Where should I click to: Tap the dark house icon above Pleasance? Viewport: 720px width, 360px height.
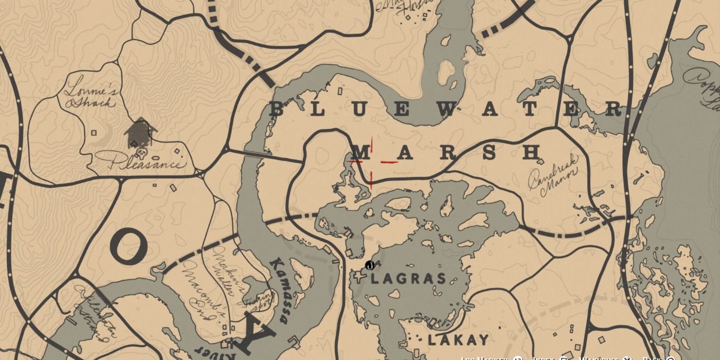[x=140, y=133]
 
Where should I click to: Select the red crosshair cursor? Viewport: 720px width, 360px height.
[x=371, y=161]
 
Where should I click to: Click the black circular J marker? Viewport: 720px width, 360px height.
[x=369, y=265]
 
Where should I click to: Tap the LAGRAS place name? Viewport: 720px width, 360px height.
[x=408, y=279]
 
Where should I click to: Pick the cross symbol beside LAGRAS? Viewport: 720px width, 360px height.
[x=358, y=278]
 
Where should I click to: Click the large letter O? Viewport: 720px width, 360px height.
[x=129, y=246]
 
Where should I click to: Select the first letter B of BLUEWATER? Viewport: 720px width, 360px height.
[x=277, y=109]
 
